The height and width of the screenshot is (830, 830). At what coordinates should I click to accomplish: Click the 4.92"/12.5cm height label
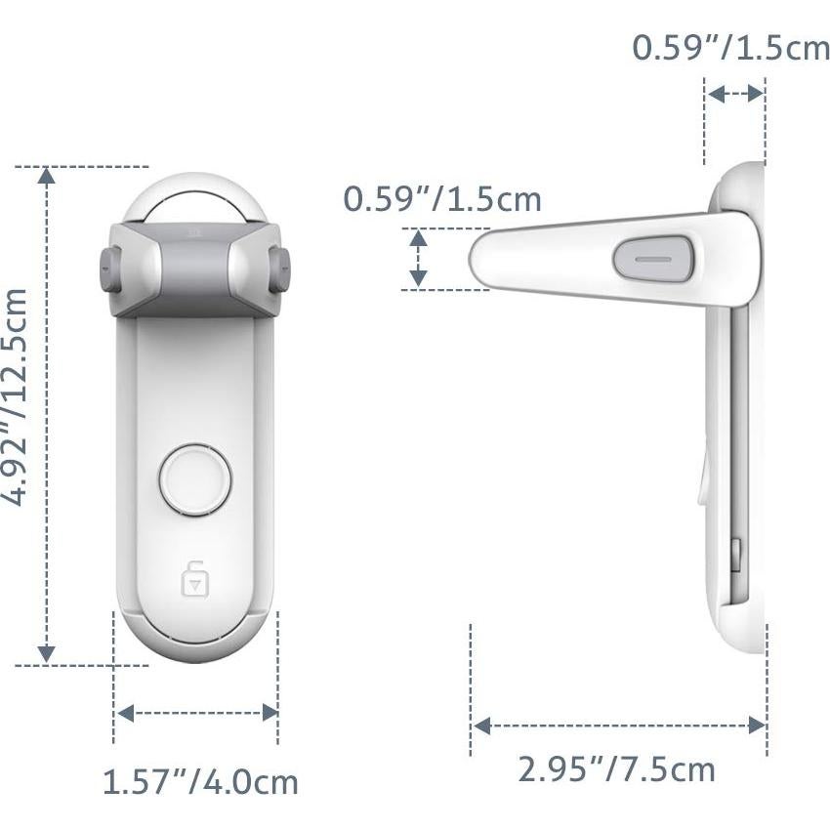point(15,397)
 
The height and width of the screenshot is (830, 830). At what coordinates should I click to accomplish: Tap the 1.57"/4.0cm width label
point(200,782)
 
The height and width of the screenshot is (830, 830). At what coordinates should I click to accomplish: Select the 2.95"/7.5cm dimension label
point(616,769)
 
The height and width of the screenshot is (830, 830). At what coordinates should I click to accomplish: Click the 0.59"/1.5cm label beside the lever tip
point(442,199)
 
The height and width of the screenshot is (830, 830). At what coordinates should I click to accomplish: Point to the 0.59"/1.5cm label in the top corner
point(731,48)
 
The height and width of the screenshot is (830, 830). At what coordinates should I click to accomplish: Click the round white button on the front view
point(195,479)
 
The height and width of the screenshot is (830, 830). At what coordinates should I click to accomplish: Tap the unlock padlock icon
point(195,578)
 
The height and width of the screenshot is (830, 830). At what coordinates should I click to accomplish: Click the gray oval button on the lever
point(653,260)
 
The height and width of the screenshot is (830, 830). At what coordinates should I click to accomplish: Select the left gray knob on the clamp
point(109,269)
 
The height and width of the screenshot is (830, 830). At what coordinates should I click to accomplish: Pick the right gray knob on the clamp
point(280,269)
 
